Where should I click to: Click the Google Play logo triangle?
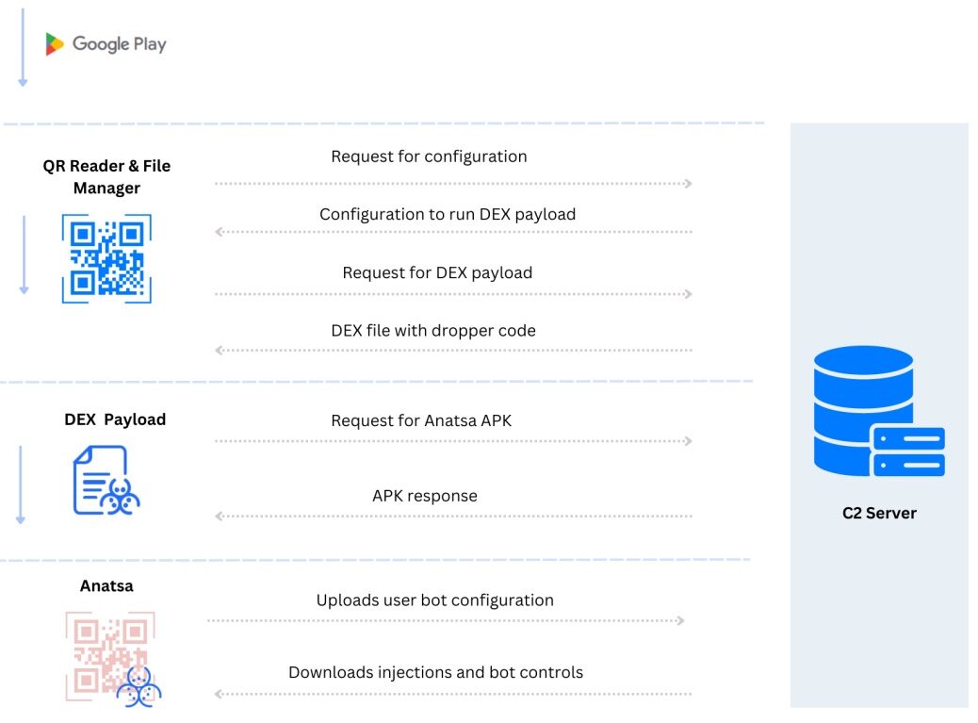point(55,44)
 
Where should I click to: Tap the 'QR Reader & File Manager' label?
point(106,176)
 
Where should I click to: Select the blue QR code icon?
point(106,258)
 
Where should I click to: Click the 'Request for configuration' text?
point(429,156)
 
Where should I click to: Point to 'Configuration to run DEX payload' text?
point(448,214)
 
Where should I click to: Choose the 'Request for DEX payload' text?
point(437,272)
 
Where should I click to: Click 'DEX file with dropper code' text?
point(433,330)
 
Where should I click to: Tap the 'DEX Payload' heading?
point(115,419)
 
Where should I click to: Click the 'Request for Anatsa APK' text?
point(421,420)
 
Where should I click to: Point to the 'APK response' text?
point(425,496)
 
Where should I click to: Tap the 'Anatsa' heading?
point(106,585)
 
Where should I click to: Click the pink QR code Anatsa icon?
point(111,658)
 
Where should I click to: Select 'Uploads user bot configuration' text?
point(435,600)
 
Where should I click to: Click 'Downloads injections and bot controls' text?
point(435,672)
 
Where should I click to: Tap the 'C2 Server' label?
point(879,513)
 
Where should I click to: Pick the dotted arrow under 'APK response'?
point(453,517)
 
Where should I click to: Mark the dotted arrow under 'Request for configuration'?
point(453,183)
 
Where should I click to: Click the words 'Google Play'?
point(119,44)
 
